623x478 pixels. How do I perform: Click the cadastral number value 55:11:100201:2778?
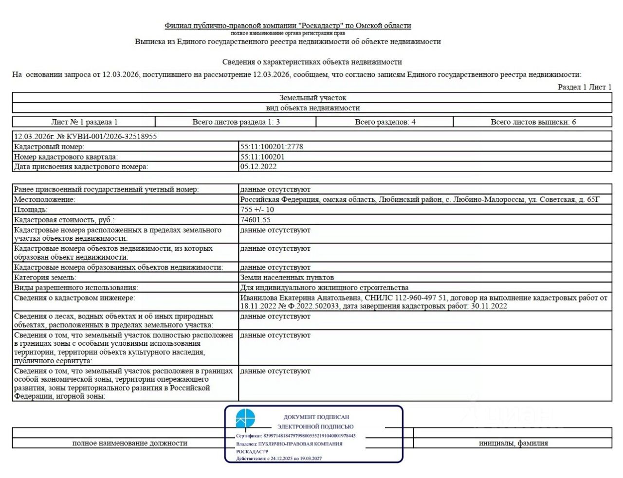coord(271,146)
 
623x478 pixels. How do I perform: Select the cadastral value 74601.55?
coord(255,220)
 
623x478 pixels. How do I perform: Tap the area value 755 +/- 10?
coord(257,210)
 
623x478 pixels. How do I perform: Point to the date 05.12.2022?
coord(258,166)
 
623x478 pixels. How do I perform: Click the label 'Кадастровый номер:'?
coord(49,146)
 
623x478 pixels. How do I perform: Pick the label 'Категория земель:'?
coord(45,277)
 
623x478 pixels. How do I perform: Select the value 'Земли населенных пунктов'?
coord(287,277)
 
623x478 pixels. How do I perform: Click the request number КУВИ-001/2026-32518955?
coord(107,136)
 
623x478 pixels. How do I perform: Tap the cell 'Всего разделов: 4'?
coord(385,122)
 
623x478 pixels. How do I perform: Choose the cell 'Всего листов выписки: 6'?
coord(533,122)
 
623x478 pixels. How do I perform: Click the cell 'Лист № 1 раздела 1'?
coord(84,122)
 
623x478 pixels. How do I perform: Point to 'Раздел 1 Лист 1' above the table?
coord(585,87)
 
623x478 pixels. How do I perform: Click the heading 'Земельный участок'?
coord(312,98)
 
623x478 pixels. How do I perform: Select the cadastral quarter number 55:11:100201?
coord(262,157)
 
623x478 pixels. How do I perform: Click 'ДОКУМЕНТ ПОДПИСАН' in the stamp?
coord(316,417)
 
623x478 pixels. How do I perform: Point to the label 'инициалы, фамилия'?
coord(513,443)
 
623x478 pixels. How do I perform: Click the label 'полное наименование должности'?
coord(129,443)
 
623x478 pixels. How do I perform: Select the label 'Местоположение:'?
coord(44,199)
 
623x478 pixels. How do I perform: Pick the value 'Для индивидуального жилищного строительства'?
coord(324,287)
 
